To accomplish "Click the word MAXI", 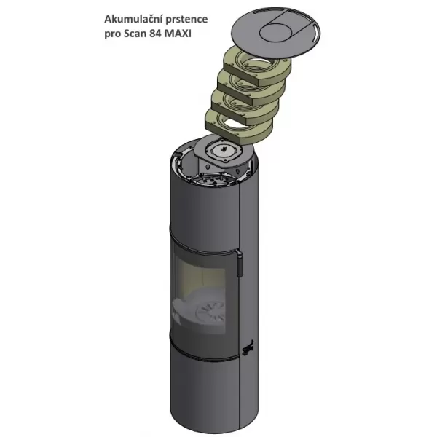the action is point(178,34).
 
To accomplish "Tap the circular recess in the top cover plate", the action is point(277,33).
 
